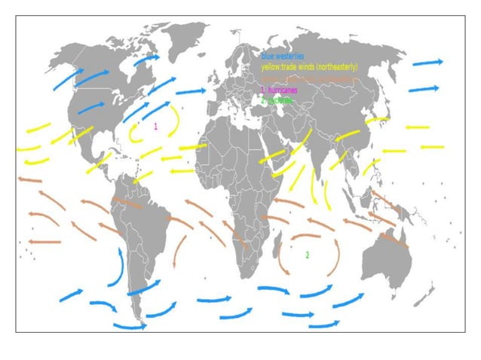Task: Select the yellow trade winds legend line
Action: tap(309, 67)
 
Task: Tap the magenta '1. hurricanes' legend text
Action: tap(278, 90)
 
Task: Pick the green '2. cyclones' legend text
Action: tap(276, 99)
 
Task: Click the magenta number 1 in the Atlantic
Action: tap(155, 126)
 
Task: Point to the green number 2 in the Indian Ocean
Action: tap(307, 255)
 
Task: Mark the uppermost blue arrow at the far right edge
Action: tap(427, 63)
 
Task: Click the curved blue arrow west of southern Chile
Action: tap(117, 267)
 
